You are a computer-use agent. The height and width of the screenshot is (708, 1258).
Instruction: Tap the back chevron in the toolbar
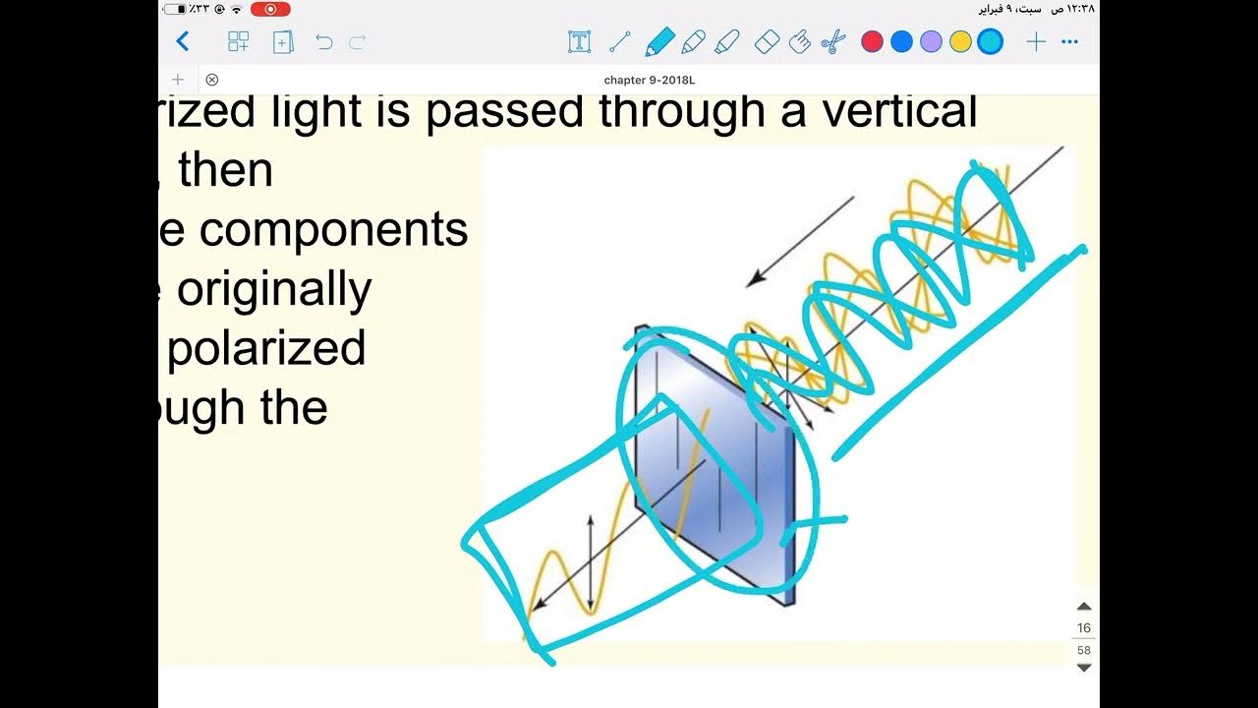[182, 41]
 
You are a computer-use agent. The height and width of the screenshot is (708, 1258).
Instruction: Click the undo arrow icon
[324, 42]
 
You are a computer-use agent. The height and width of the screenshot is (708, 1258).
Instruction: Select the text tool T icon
[579, 41]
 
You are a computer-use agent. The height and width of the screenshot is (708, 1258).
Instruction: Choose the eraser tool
[767, 41]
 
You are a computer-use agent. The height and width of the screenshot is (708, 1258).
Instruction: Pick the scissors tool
[832, 41]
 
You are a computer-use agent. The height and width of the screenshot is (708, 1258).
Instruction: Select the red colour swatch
[872, 41]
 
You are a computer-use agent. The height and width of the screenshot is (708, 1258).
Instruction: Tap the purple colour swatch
[931, 41]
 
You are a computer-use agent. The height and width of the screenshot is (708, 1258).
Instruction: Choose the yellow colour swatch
[960, 41]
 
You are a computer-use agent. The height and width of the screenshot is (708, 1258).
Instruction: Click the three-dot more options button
[1070, 41]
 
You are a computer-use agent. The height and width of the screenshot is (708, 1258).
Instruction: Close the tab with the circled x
[211, 80]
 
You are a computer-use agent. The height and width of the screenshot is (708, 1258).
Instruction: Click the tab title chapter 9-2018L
[642, 80]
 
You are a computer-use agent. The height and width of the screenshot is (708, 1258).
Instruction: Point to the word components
[333, 230]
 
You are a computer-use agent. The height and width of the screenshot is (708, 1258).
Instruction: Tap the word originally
[274, 289]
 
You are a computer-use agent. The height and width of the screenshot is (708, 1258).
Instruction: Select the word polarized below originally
[266, 348]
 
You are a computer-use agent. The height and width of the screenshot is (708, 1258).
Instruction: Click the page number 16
[1084, 627]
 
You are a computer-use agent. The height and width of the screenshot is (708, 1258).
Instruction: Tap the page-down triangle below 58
[1084, 668]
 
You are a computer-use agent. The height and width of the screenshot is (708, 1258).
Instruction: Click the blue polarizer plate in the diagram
[713, 462]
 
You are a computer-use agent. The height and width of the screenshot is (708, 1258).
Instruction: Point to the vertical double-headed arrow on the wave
[590, 562]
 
